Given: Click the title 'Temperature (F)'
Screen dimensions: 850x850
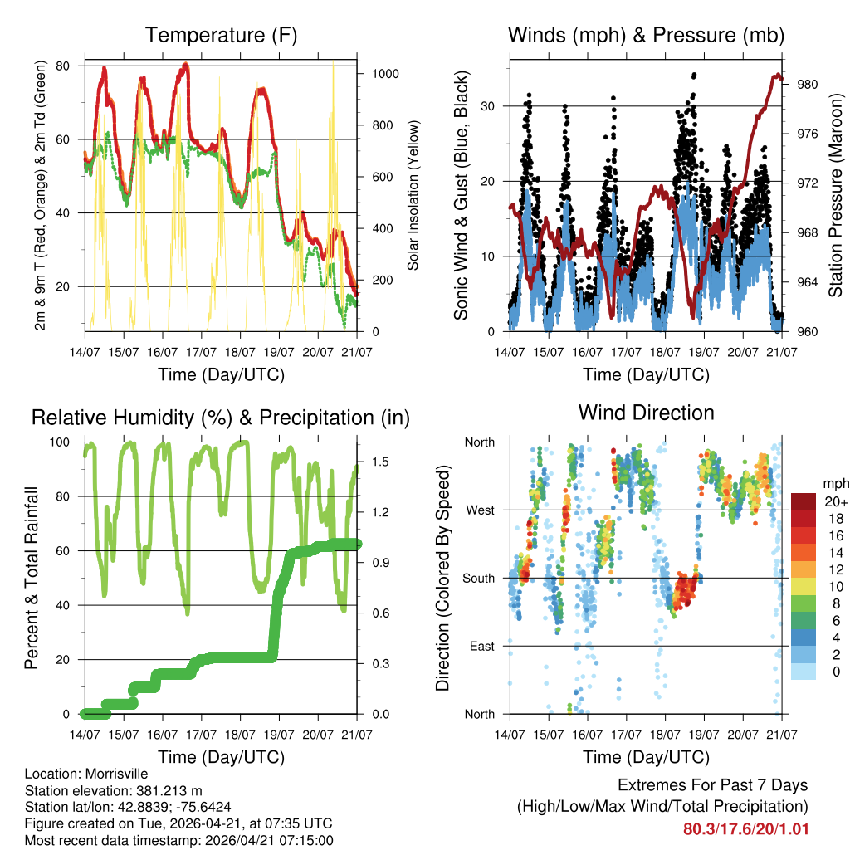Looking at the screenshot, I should (x=221, y=35).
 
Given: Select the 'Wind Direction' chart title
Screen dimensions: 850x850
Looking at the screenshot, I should (x=646, y=412).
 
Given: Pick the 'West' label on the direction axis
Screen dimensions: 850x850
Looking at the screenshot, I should (x=479, y=510).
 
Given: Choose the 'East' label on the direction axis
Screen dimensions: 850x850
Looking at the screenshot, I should (x=480, y=646).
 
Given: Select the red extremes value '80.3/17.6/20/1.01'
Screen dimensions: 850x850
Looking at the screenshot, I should (x=745, y=828).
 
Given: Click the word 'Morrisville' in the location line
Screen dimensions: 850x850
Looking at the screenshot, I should (x=117, y=774).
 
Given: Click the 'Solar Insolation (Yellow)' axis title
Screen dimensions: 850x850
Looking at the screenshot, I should (x=413, y=195).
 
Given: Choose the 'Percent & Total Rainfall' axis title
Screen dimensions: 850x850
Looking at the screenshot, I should (x=32, y=578).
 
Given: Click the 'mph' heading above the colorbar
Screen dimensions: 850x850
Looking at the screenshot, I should (x=833, y=483).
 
